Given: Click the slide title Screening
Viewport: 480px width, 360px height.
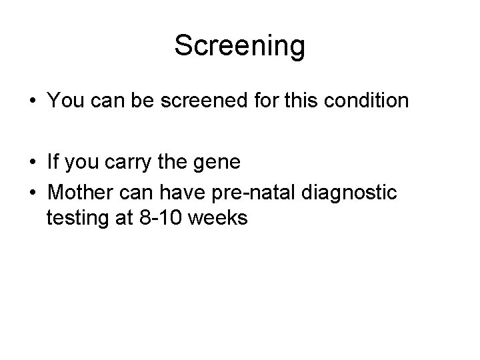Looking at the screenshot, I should click(x=239, y=46).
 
